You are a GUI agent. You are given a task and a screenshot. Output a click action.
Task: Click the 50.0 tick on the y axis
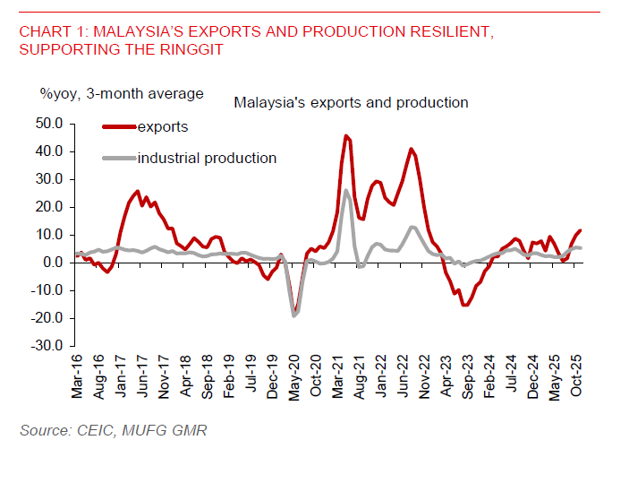[x=49, y=123]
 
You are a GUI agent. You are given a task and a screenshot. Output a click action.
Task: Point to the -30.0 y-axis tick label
[x=47, y=346]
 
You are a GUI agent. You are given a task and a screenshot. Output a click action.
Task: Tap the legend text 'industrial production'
[x=207, y=159]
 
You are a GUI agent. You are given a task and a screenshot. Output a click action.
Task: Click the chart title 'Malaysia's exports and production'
[x=351, y=102]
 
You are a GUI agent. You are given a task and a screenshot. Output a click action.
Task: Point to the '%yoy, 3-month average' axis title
[x=121, y=93]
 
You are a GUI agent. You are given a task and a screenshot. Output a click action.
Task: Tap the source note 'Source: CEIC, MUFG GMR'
[x=113, y=431]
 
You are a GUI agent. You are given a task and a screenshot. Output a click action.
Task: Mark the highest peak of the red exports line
[x=345, y=136]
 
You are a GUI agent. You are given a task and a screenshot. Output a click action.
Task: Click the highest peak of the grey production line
[x=346, y=190]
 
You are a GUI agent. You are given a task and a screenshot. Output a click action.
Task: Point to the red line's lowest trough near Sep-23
[x=464, y=305]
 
